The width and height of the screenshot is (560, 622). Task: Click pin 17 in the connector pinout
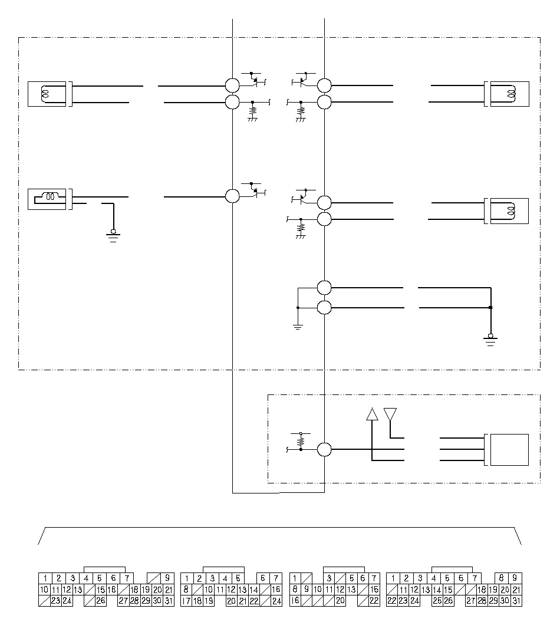click(186, 601)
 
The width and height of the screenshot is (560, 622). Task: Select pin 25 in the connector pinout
click(437, 601)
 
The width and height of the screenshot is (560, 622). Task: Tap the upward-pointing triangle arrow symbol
click(372, 414)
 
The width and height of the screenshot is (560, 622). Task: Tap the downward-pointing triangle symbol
click(390, 414)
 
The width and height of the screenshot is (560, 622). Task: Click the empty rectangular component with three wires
click(509, 449)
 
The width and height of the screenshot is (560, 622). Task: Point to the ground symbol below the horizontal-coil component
click(113, 236)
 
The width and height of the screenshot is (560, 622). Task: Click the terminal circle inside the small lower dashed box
click(324, 449)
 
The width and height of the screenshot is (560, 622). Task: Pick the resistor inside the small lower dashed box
click(301, 441)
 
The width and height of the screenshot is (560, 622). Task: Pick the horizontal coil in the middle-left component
click(50, 196)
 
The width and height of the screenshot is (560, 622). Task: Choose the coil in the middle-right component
click(512, 211)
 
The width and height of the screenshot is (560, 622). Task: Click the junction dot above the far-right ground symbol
click(490, 307)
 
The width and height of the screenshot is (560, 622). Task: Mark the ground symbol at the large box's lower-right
click(490, 340)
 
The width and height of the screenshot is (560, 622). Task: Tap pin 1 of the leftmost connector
click(45, 578)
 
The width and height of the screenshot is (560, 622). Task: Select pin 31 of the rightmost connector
click(516, 601)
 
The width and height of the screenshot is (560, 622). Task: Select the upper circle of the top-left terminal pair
click(232, 85)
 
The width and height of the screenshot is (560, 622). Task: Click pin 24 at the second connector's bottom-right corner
click(276, 601)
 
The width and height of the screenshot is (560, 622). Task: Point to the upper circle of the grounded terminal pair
click(324, 288)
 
